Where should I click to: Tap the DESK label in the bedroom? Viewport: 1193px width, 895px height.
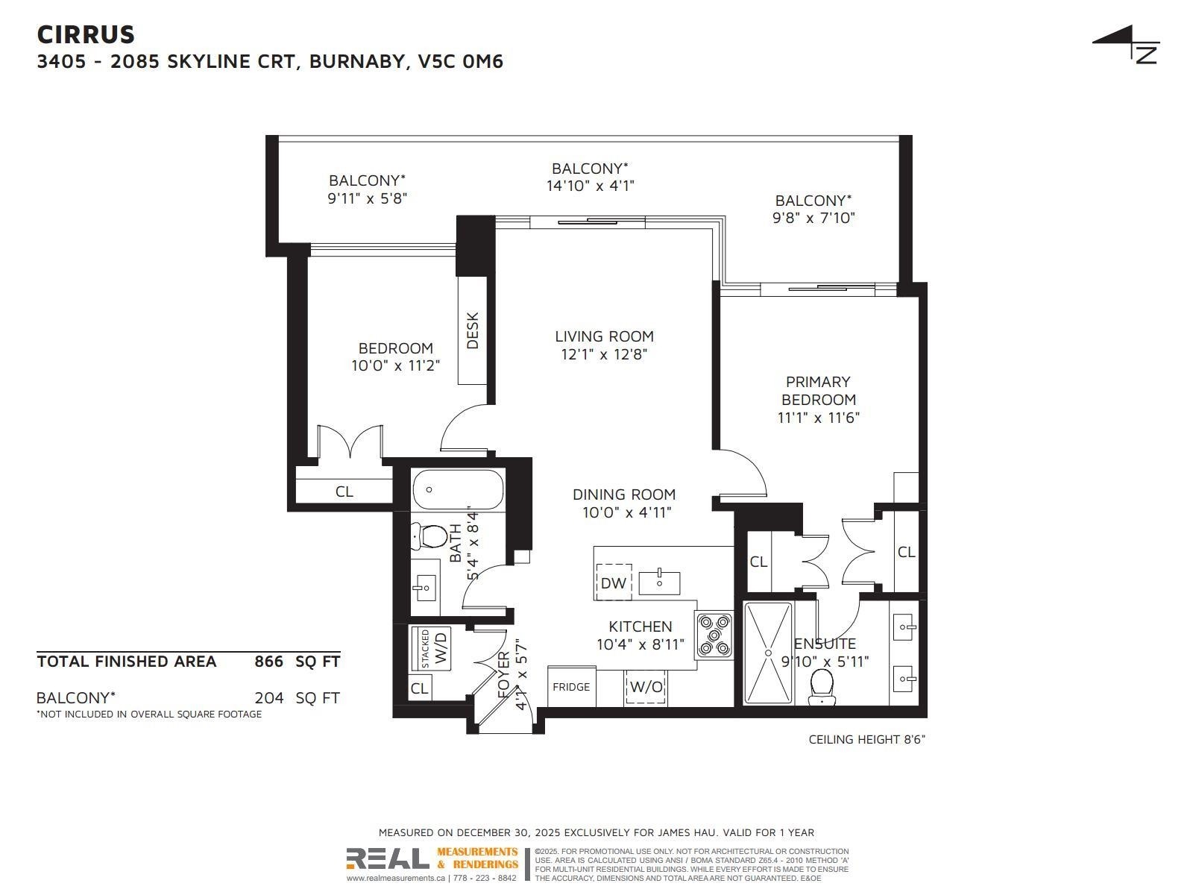pos(473,330)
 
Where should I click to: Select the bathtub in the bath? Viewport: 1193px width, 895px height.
pos(457,489)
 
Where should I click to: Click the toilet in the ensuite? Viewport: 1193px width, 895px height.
pos(822,685)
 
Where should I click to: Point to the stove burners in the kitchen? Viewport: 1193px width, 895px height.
pos(715,635)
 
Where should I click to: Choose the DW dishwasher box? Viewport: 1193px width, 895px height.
pos(614,582)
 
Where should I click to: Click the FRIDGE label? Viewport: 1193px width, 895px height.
pos(571,687)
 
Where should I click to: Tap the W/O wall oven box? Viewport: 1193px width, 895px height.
pos(646,687)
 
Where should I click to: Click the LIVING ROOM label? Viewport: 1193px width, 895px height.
pos(604,336)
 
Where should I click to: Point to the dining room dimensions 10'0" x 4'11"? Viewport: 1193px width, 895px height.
pos(626,513)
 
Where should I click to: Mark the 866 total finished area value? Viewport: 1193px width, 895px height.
pos(269,662)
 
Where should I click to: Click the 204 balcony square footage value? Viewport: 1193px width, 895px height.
pos(269,698)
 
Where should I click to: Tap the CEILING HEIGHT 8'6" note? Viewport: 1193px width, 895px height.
pos(866,739)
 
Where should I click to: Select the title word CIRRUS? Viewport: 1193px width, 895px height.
pos(86,34)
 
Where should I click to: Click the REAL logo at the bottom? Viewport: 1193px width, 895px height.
pos(388,859)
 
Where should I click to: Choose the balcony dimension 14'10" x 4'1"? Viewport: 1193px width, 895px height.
pos(590,186)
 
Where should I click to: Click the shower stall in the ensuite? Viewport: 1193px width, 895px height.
pos(769,653)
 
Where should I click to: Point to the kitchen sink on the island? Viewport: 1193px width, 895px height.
pos(659,582)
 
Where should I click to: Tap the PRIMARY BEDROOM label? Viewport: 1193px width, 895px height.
pos(818,391)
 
